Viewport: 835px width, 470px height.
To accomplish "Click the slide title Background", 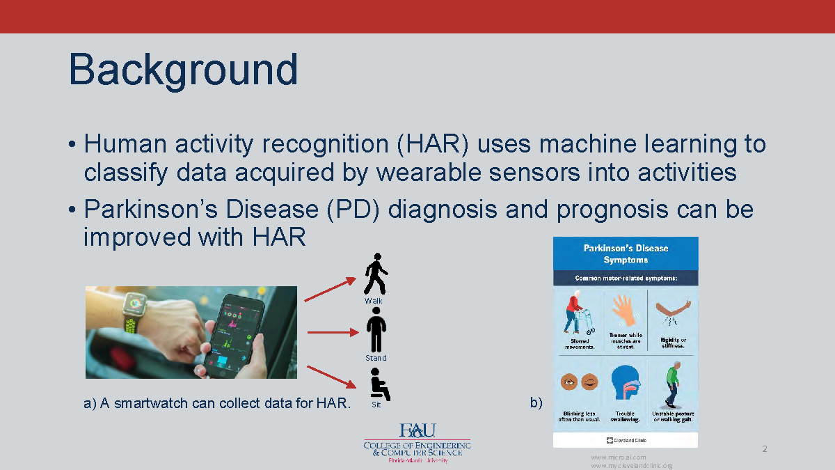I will tap(184, 70).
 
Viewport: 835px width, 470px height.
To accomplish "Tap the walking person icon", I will tap(376, 274).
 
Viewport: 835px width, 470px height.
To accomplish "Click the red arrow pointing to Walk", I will tap(330, 290).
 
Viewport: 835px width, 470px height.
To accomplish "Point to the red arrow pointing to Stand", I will tap(332, 332).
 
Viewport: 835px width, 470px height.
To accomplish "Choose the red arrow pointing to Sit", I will tap(331, 376).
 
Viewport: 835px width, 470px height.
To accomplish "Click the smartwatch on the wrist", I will tap(134, 306).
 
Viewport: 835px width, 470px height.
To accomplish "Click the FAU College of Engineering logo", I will tap(417, 443).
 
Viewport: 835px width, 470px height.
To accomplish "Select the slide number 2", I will tap(764, 449).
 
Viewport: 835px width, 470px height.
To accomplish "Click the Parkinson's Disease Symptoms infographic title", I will tap(625, 253).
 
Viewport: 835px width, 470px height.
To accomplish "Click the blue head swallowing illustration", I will tap(625, 383).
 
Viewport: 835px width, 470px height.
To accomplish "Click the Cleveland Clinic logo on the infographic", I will tap(625, 440).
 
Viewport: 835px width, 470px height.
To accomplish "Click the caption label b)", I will tap(536, 402).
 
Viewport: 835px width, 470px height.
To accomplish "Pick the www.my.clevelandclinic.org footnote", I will tap(631, 465).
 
